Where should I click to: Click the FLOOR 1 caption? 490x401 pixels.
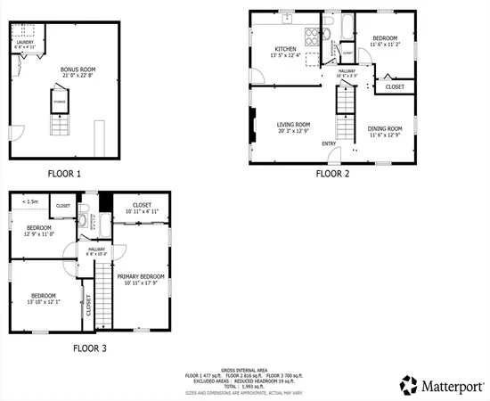coord(65,173)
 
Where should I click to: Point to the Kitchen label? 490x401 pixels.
coord(285,48)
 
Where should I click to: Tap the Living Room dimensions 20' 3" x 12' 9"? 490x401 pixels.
coord(292,131)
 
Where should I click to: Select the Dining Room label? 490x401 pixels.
coord(385,128)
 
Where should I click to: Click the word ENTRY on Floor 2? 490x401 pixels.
coord(329,143)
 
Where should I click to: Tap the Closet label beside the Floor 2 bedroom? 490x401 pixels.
coord(394,86)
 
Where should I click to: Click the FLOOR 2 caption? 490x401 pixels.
coord(332,173)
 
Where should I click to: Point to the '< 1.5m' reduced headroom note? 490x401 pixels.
coord(29,201)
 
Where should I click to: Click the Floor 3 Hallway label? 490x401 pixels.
coord(96,250)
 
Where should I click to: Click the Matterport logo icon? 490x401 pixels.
coord(409,385)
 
